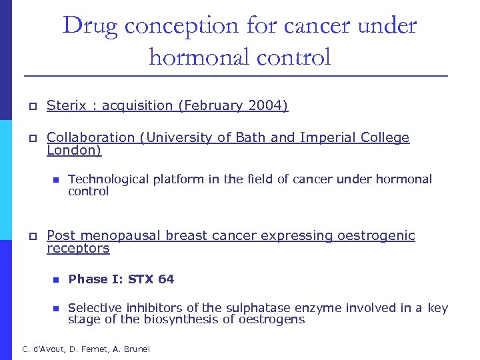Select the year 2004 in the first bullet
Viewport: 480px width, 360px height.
click(267, 105)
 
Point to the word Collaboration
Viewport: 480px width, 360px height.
click(91, 137)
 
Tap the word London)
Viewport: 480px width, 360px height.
click(74, 151)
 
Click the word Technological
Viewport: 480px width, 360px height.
click(109, 179)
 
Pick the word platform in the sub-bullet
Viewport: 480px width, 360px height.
click(176, 179)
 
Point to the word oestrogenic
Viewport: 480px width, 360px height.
click(377, 235)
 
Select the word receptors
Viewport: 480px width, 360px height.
click(78, 249)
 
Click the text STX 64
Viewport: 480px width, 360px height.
click(151, 279)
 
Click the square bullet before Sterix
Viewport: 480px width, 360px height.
click(31, 106)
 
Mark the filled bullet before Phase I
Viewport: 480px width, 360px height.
click(56, 280)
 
